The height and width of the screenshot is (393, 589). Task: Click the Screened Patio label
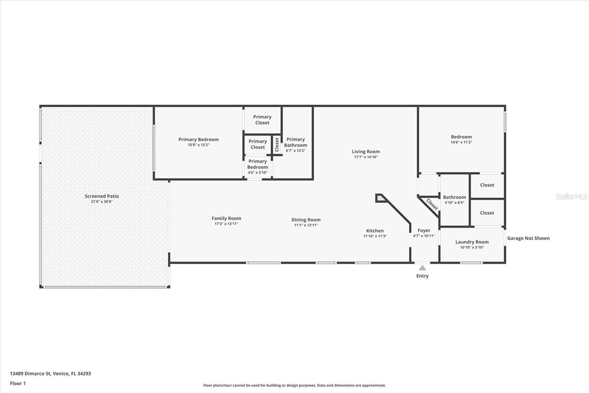pos(102,196)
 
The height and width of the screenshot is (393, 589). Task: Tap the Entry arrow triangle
pos(422,268)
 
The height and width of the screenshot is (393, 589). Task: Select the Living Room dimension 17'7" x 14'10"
pos(366,157)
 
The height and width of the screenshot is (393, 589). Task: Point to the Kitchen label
pos(375,231)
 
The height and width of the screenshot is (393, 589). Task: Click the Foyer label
pos(424,230)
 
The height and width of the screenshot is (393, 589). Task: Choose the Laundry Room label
pos(472,242)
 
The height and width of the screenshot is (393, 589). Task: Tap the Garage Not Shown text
pos(528,238)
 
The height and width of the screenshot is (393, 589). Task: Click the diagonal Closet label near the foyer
pos(432,204)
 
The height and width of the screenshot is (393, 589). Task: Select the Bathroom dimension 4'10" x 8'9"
pos(454,202)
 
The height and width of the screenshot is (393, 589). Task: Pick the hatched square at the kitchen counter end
pos(380,198)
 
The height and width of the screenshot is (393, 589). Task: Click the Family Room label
pos(226,218)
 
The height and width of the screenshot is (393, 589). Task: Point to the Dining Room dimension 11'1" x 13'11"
pos(306,225)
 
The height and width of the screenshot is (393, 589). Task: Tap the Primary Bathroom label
pos(296,142)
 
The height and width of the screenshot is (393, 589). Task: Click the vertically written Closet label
pos(276,145)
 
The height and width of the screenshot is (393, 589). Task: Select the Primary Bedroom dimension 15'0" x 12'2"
pos(198,145)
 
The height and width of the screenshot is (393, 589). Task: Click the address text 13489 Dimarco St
pos(30,373)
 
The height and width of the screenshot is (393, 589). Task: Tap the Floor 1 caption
pos(18,383)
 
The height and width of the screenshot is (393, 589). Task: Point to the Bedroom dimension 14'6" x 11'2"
pos(462,142)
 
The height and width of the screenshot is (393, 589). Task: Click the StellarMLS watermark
pos(572,196)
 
